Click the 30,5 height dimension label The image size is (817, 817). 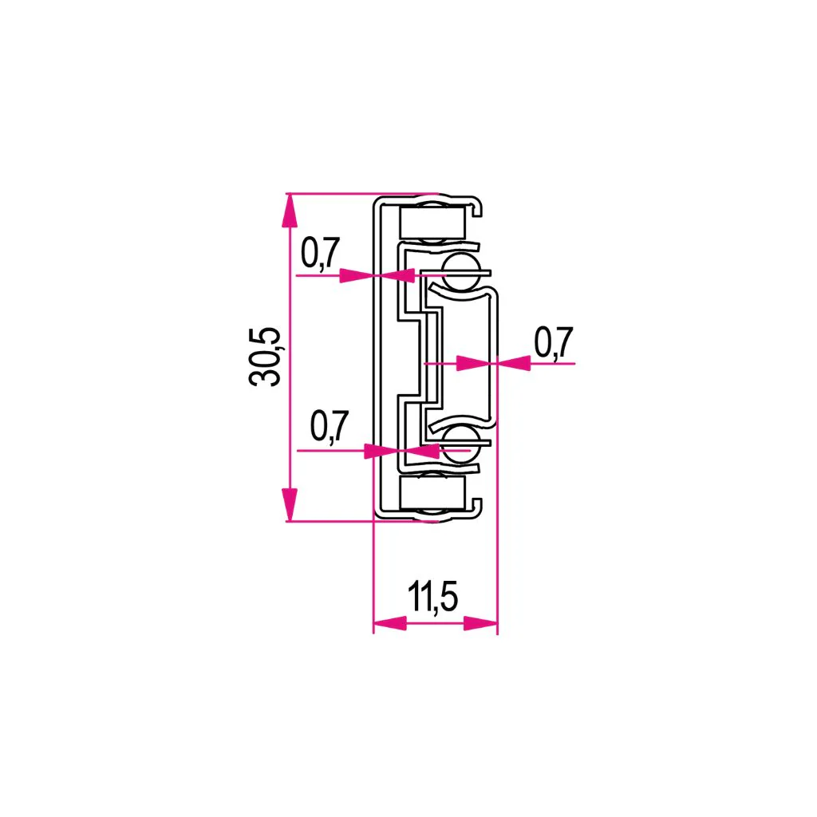point(265,357)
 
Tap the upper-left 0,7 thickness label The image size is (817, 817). point(321,253)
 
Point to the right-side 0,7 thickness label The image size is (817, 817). point(554,342)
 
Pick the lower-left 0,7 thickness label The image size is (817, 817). point(330,426)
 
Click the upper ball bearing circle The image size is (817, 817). point(461,271)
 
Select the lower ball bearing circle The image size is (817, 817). point(461,444)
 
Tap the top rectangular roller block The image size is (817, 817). point(432,223)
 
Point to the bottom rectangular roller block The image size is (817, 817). point(432,493)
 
